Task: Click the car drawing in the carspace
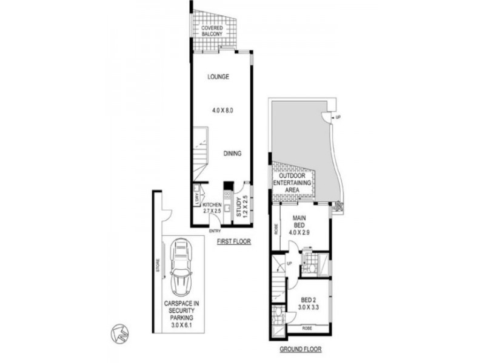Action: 180,266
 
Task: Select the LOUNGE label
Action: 218,77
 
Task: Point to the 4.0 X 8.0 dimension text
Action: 223,111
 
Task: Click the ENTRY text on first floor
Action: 215,231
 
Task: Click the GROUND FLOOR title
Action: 300,349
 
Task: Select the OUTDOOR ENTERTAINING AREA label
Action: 293,183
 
